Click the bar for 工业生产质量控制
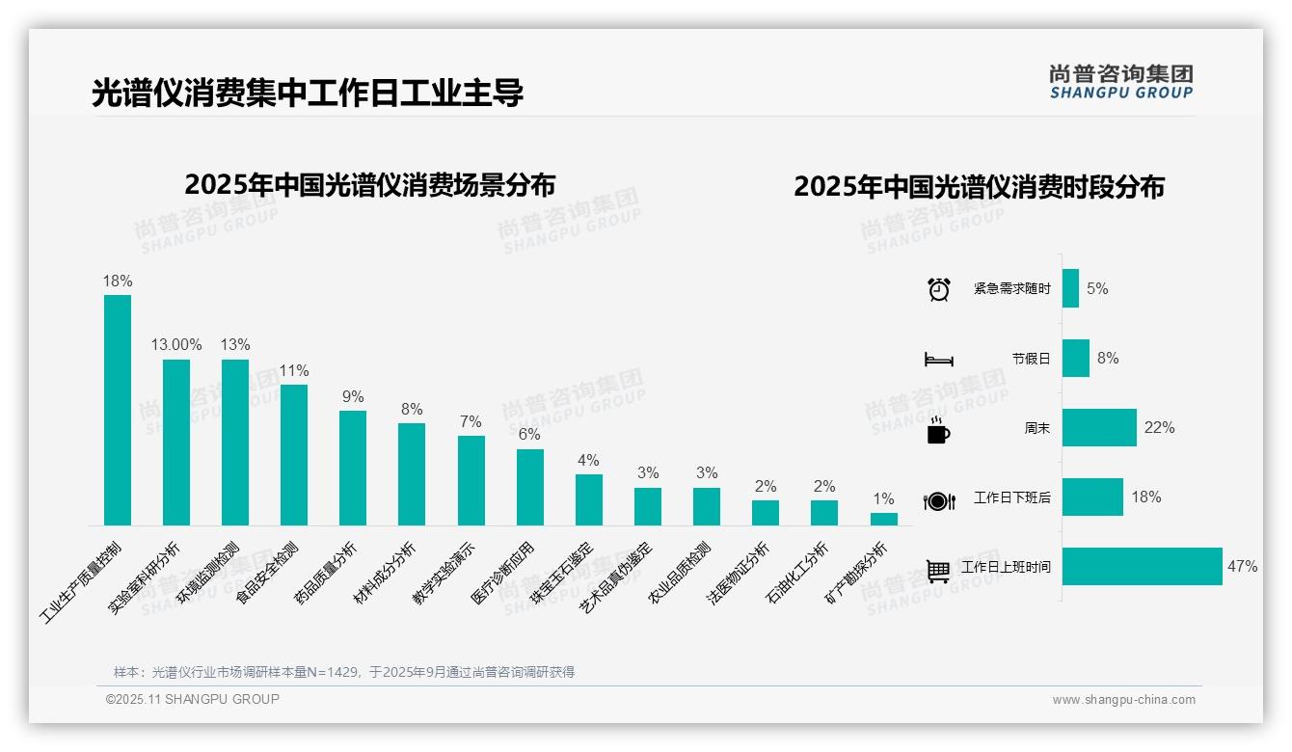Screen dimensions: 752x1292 coord(118,410)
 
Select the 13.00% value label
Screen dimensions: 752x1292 coord(176,344)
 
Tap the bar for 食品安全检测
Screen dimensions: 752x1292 coord(294,455)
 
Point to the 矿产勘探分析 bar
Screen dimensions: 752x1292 coord(883,519)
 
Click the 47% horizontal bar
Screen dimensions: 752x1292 coord(1142,566)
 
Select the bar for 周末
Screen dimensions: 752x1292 coord(1099,427)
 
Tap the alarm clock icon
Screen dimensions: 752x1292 coord(938,288)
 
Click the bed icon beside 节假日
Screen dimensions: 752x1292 coord(938,359)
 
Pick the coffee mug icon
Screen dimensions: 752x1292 coord(938,429)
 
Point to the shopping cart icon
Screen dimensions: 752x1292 coord(938,570)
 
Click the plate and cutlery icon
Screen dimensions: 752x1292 coord(938,500)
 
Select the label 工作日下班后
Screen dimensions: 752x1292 coord(1011,497)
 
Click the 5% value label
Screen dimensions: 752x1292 coord(1097,288)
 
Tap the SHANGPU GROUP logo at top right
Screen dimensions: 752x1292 coord(1121,82)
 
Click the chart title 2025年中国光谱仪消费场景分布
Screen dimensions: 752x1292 coord(369,184)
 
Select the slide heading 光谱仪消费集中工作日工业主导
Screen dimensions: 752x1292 coord(308,94)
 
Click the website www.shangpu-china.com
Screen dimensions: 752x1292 coord(1123,699)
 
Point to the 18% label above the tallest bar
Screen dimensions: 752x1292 coord(118,281)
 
